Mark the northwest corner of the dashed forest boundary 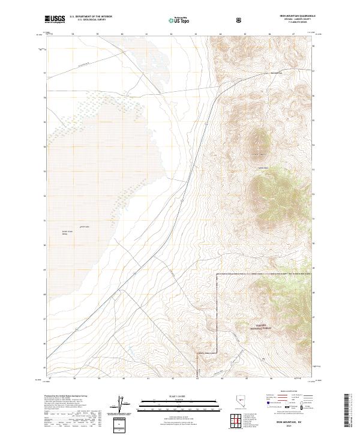point(216,274)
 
